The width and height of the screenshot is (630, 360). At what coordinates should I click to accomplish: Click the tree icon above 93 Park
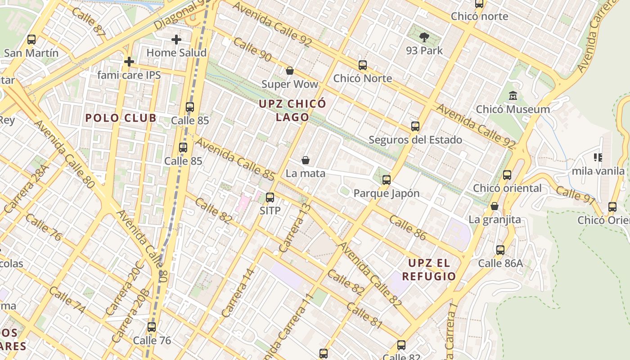point(424,37)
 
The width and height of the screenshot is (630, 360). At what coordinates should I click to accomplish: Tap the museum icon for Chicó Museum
point(513,96)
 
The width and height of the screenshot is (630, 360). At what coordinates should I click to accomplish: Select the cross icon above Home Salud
point(176,40)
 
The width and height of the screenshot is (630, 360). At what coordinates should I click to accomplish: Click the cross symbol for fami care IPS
point(129,61)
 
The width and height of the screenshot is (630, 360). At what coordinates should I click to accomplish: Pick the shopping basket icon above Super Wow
point(290,71)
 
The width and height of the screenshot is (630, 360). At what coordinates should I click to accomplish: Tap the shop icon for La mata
point(306,160)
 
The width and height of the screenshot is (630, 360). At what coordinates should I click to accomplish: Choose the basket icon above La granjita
point(495,206)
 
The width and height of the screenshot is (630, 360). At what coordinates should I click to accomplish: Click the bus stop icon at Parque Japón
point(386,180)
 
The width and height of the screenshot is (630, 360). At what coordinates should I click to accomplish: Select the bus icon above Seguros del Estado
point(415,126)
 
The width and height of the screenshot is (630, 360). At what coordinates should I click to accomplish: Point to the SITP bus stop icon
point(270,197)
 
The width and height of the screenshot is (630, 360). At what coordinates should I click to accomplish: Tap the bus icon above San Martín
point(31,40)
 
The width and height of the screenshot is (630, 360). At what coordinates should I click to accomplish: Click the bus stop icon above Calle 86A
point(500,250)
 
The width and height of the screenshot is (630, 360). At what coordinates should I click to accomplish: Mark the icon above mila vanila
point(598,157)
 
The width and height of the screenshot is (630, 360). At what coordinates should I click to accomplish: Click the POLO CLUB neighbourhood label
point(121,118)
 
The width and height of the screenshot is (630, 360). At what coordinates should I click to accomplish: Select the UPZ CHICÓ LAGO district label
point(292,110)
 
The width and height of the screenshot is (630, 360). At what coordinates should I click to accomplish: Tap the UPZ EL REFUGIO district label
point(429,269)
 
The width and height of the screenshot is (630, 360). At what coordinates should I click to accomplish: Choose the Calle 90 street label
point(252,49)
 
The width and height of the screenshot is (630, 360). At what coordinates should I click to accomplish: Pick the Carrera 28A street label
point(26,189)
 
